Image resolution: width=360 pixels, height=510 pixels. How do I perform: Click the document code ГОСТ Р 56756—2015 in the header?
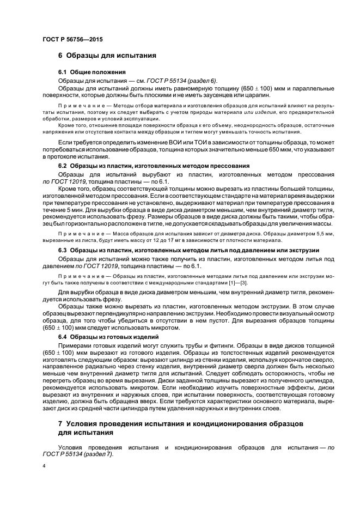click(x=72, y=40)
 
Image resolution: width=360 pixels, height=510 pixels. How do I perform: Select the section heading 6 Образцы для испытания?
click(x=107, y=56)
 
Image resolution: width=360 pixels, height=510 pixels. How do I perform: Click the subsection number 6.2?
click(x=63, y=165)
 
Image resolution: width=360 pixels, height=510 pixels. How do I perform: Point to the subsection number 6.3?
click(x=63, y=250)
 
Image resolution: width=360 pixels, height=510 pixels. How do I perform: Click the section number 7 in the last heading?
click(x=60, y=423)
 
